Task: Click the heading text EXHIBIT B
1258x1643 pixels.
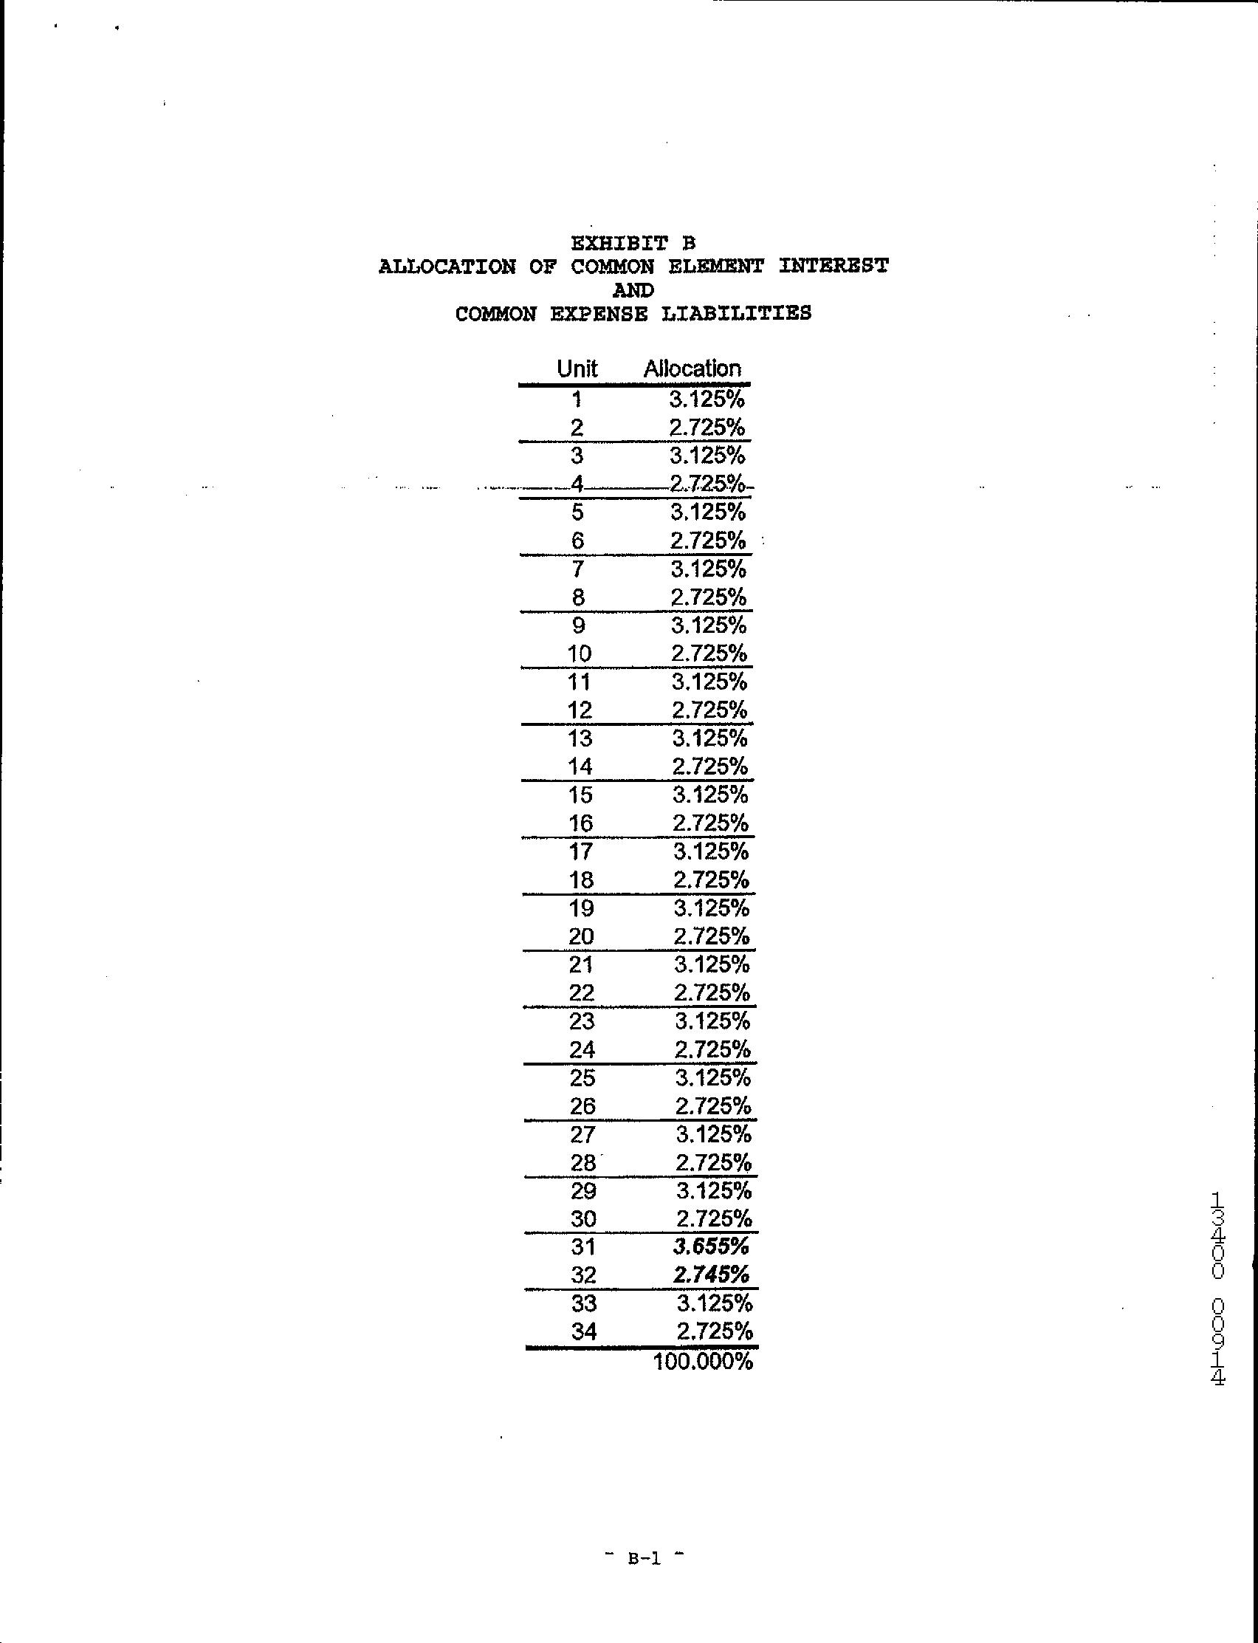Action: point(633,243)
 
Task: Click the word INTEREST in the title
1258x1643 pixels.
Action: point(833,266)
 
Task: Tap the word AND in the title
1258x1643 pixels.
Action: point(633,289)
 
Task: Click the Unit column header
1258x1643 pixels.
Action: point(577,368)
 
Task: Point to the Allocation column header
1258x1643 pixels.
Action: point(692,368)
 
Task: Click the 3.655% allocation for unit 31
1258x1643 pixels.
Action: point(712,1246)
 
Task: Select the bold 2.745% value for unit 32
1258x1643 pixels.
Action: point(712,1275)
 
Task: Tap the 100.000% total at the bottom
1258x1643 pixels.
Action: point(702,1361)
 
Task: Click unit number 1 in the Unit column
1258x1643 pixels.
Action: point(577,399)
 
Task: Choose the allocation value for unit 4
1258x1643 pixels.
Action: point(707,484)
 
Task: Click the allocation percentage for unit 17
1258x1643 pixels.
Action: point(711,851)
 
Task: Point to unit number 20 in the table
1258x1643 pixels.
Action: point(581,936)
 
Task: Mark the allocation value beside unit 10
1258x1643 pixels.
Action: point(709,653)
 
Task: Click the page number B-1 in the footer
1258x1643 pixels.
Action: point(644,1558)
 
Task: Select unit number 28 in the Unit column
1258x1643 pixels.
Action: point(583,1162)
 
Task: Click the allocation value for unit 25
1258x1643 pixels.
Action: point(713,1077)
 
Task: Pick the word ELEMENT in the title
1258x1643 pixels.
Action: point(715,266)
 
